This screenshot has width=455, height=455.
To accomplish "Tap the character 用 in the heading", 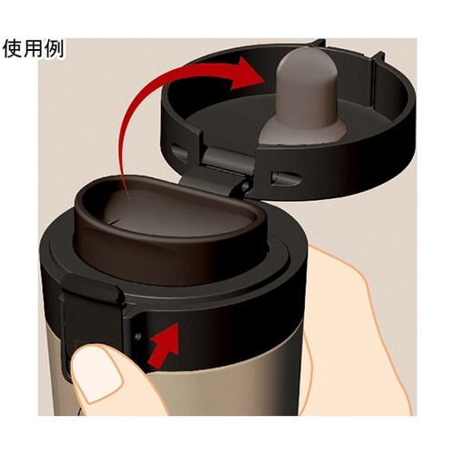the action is [x=34, y=48].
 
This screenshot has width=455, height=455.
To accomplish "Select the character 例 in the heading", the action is [x=54, y=48].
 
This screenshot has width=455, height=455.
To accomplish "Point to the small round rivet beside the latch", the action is [x=138, y=336].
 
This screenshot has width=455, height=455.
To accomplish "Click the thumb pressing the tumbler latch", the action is [x=109, y=382].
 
